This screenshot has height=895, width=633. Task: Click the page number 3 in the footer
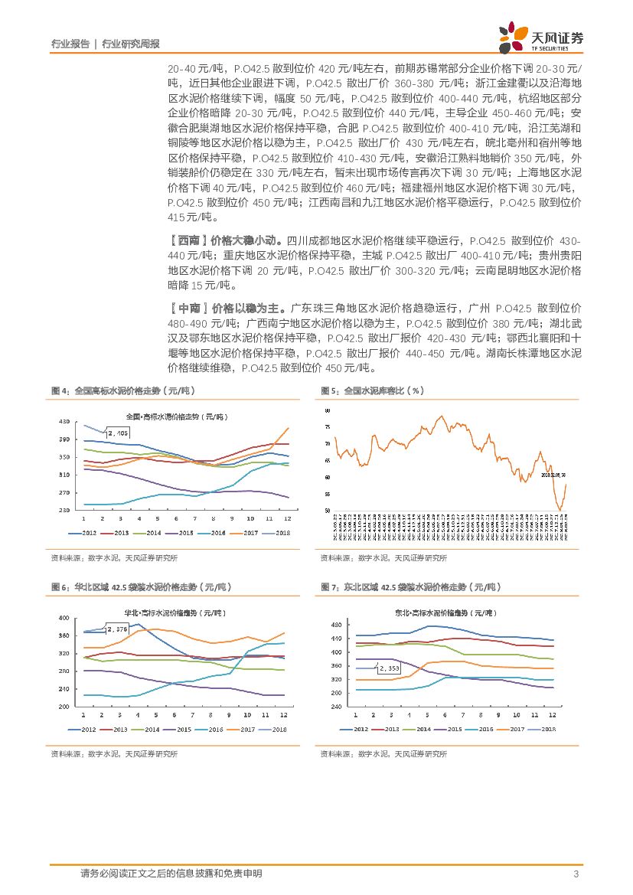tap(575, 874)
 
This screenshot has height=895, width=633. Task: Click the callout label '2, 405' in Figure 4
tap(119, 433)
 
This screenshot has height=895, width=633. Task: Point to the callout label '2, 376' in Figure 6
tap(118, 629)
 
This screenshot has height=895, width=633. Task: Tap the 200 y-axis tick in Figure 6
tap(63, 707)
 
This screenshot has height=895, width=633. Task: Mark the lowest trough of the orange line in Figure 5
tap(560, 510)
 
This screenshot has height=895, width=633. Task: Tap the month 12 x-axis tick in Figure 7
tap(553, 714)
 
